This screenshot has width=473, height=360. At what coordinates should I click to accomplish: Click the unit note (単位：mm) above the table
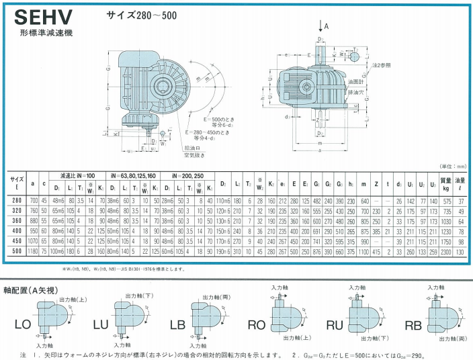(x=451, y=165)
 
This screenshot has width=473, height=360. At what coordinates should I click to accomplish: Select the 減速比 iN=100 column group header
(x=77, y=175)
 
